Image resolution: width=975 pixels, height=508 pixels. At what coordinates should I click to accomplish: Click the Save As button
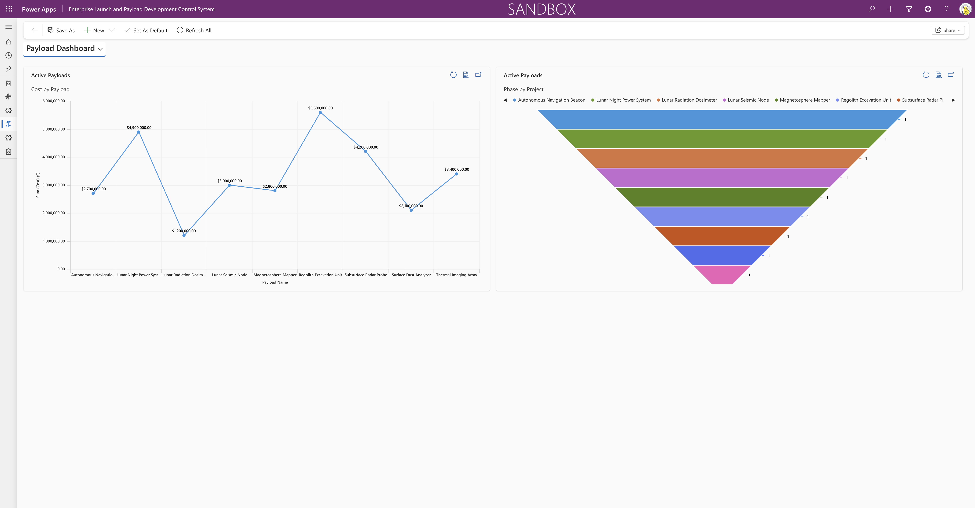61,30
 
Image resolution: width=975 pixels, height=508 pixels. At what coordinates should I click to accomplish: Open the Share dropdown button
947,30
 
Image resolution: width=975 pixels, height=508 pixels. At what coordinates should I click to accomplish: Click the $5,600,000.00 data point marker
320,113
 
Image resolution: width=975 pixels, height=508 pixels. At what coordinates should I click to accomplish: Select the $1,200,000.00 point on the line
184,235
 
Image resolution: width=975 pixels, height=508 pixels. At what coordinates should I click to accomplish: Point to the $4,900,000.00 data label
139,127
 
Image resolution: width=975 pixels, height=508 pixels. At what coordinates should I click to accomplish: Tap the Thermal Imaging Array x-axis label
456,275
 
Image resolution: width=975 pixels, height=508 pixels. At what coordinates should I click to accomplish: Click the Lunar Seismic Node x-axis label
229,275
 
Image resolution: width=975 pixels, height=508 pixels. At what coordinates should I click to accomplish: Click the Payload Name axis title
275,282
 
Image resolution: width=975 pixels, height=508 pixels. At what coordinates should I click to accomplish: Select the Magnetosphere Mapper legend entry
804,100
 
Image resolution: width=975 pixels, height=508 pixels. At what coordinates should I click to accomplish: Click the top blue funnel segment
722,120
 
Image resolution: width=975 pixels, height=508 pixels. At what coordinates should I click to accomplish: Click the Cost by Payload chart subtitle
50,89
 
